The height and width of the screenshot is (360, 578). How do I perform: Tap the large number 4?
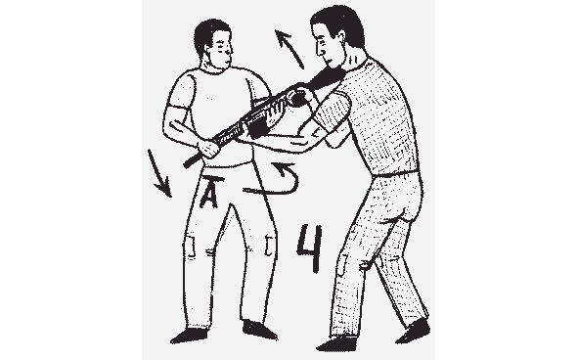310,247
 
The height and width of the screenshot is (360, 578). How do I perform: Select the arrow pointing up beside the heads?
289,49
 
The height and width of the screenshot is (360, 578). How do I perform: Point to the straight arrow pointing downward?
159,173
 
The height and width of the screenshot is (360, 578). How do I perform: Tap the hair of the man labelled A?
209,34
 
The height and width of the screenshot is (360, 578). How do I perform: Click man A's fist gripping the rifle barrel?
208,148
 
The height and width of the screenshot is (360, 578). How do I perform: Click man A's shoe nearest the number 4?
259,330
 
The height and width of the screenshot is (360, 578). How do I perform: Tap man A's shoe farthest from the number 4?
188,336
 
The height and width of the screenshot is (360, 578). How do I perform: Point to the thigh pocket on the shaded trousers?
342,264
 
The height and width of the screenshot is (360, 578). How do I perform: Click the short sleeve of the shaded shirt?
331,111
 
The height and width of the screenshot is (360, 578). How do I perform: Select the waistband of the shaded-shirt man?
396,173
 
